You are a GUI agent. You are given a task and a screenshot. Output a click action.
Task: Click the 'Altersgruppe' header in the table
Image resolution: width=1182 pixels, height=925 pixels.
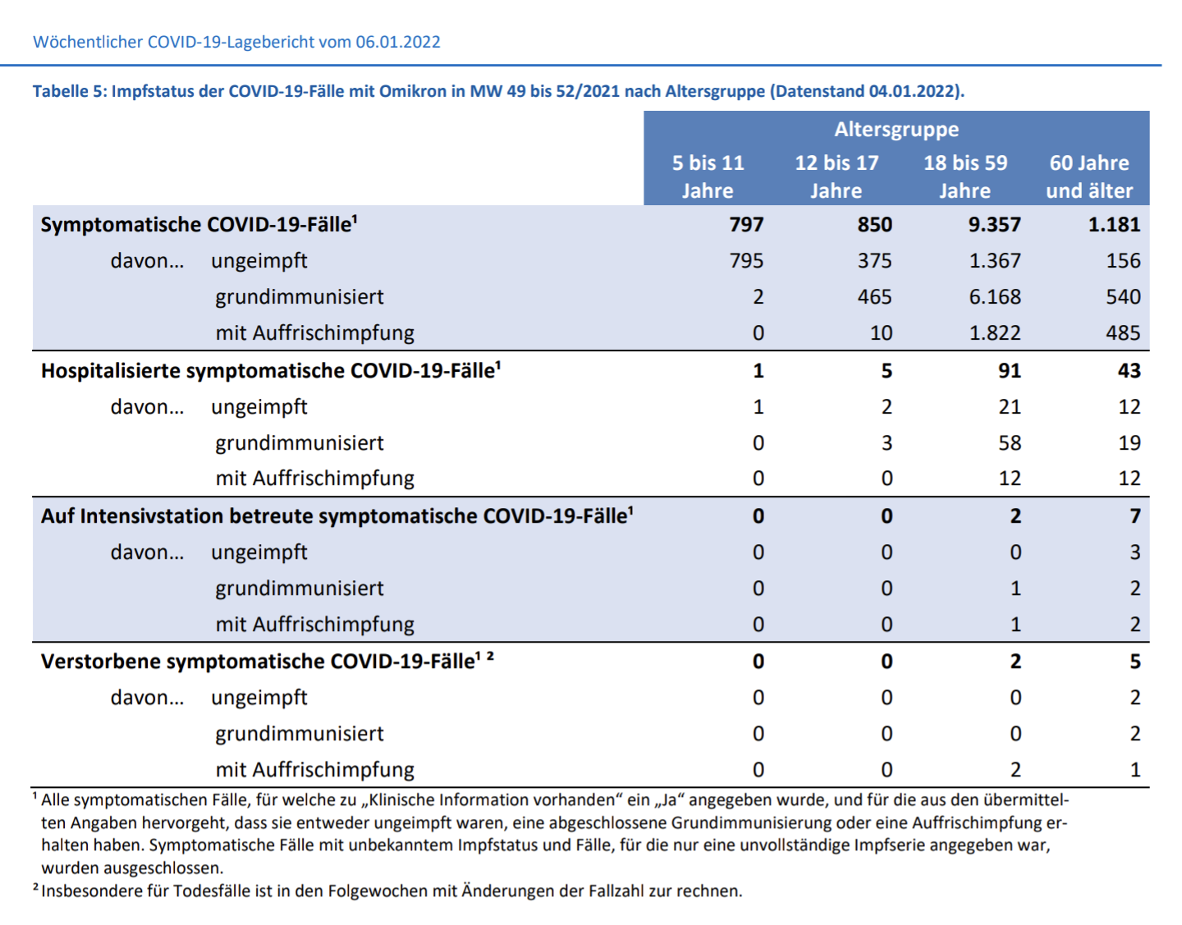(x=896, y=130)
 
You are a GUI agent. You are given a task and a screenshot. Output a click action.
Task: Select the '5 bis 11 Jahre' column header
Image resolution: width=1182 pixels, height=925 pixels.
(x=708, y=176)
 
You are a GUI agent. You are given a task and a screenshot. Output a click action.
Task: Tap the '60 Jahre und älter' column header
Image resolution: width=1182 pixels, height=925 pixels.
(x=1089, y=176)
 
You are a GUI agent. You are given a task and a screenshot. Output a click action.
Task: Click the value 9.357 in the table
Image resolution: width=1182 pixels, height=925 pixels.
(x=994, y=225)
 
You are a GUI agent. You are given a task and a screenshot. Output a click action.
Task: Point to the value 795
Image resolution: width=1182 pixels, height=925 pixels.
(x=746, y=260)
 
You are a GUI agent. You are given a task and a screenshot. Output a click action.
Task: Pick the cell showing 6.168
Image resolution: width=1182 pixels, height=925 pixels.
(x=995, y=297)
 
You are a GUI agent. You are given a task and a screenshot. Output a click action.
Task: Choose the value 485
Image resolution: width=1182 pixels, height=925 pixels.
(x=1123, y=332)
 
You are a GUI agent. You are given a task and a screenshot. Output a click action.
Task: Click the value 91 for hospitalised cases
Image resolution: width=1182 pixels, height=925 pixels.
(x=1010, y=371)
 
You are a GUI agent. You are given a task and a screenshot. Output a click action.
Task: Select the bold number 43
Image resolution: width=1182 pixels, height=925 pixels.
(x=1129, y=371)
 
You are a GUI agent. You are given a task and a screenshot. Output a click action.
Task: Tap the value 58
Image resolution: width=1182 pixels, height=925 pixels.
(x=1010, y=443)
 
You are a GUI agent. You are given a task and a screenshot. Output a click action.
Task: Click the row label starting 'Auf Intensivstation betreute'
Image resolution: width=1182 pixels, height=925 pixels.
(x=337, y=516)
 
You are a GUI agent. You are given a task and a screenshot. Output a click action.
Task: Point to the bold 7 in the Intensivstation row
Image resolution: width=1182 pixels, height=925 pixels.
(x=1135, y=516)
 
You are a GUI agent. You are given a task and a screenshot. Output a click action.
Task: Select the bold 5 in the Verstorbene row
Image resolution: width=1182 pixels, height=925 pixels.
(x=1135, y=662)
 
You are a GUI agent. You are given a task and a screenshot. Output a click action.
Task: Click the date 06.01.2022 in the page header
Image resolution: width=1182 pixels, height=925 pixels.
(x=397, y=42)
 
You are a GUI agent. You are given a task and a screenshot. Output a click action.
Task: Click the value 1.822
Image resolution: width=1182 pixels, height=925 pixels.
(x=995, y=332)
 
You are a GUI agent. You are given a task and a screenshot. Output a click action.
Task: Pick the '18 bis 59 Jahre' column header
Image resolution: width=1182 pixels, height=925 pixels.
(x=965, y=176)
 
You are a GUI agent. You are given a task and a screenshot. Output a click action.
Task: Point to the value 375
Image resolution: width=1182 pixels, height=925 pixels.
(x=875, y=260)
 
